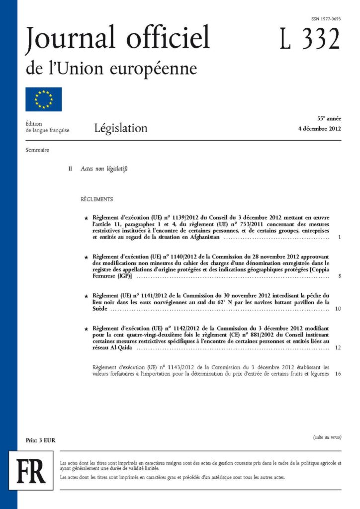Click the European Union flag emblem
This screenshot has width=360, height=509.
[44, 99]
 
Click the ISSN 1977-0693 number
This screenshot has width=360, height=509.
[326, 19]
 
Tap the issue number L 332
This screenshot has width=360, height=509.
[309, 39]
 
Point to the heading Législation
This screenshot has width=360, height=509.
[121, 128]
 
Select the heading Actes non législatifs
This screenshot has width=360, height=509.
[104, 169]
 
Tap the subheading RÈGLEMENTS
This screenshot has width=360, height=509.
[96, 200]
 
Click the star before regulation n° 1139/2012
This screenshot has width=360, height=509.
[87, 218]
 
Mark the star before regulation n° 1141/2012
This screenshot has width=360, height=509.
[87, 296]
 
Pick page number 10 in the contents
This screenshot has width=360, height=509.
[338, 309]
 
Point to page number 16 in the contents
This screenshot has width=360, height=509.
[338, 374]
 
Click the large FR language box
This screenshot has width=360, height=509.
[31, 471]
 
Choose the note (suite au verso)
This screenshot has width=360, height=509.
[327, 437]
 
